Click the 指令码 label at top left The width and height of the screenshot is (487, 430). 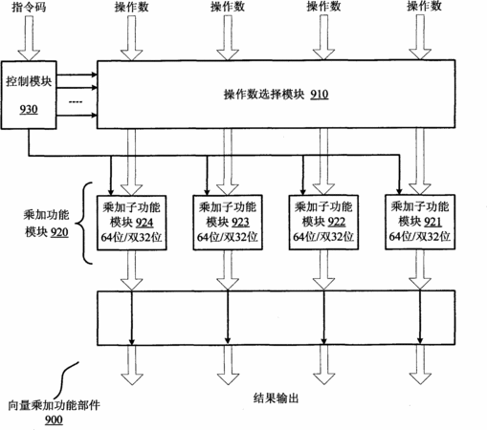(x=29, y=7)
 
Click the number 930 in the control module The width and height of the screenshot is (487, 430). (x=29, y=110)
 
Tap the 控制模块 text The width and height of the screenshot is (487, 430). (x=29, y=81)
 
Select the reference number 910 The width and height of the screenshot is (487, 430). (x=320, y=95)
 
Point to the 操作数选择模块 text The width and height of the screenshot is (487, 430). (x=264, y=95)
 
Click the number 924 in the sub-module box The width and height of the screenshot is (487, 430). (x=144, y=223)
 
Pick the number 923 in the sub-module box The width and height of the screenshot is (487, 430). (x=240, y=222)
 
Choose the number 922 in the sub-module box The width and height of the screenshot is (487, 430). (x=337, y=222)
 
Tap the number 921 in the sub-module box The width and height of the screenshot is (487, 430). (x=432, y=222)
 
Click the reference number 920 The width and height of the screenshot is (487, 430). (x=59, y=232)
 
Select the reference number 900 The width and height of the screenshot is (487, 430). (x=54, y=419)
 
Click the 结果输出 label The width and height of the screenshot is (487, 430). (x=276, y=398)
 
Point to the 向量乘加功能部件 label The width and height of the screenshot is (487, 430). (x=55, y=405)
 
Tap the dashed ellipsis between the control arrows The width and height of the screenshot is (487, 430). (x=76, y=102)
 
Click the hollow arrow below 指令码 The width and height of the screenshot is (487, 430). (x=29, y=38)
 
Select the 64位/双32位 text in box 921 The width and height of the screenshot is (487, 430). (x=420, y=237)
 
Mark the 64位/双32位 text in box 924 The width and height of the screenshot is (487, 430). (x=131, y=237)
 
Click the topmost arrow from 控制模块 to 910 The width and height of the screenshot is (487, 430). (x=77, y=75)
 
